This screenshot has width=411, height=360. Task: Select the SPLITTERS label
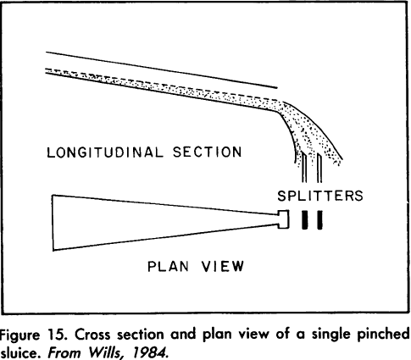320,196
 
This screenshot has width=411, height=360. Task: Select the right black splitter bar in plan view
320,220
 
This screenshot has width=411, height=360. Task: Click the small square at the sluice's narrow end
283,220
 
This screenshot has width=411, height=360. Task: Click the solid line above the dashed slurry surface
169,65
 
